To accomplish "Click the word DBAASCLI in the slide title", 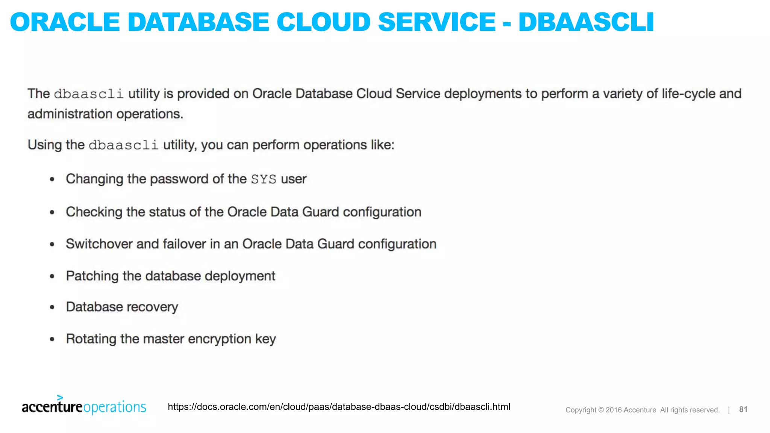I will coord(586,22).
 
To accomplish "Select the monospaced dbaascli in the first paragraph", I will coord(89,94).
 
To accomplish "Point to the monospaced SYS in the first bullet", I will coord(264,179).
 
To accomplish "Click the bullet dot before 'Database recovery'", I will coord(52,307).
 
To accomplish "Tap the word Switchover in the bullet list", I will coord(99,244).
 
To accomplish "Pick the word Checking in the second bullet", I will coord(94,212).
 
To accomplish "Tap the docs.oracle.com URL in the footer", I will coord(339,407).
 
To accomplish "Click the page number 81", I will coord(743,409).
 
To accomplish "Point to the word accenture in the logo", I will coord(52,407).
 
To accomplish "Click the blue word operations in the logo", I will coord(115,407).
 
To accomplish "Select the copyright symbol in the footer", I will coord(601,410).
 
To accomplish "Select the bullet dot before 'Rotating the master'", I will coord(52,339).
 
